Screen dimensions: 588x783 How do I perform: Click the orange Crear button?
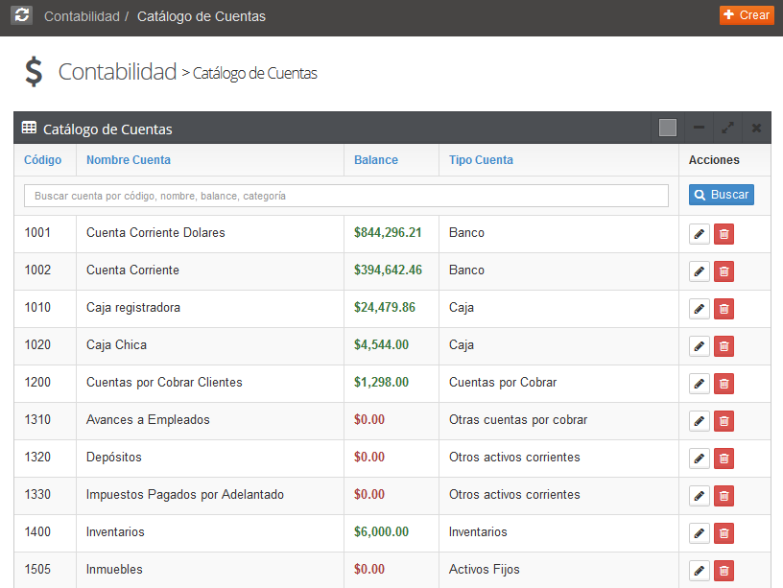(x=747, y=15)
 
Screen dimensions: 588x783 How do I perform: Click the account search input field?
(x=345, y=196)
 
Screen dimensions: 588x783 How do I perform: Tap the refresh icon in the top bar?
(x=22, y=15)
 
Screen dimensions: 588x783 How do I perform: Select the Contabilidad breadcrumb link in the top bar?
(x=82, y=16)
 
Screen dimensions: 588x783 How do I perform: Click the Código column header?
(x=42, y=160)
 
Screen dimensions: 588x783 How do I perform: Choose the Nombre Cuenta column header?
(x=129, y=160)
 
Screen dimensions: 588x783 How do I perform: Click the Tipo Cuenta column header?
(x=481, y=160)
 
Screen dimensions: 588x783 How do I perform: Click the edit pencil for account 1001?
(x=700, y=234)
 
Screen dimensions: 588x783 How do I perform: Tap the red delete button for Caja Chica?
(x=724, y=346)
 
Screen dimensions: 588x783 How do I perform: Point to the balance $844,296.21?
(x=388, y=232)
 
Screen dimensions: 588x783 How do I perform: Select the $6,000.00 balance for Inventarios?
(x=381, y=531)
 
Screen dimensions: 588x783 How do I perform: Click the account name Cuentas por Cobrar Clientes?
(x=164, y=382)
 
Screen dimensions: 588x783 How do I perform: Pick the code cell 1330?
(x=38, y=494)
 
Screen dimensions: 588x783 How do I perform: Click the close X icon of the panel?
(x=756, y=129)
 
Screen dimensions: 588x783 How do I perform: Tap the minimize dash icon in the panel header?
(x=699, y=129)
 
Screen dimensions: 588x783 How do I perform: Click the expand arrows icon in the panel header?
(x=727, y=129)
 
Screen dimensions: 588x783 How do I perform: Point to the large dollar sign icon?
(x=34, y=72)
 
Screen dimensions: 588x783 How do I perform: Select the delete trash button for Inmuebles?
(x=724, y=571)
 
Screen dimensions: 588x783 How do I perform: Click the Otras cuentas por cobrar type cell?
(x=518, y=419)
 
